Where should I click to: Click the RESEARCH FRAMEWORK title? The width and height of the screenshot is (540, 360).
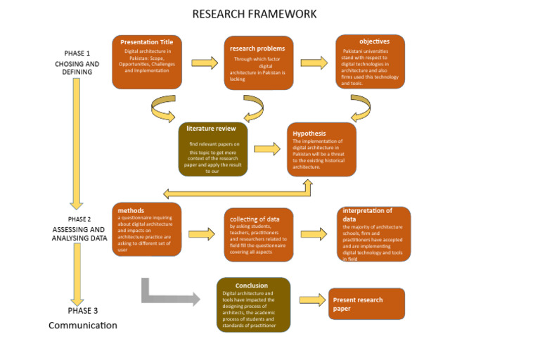254,14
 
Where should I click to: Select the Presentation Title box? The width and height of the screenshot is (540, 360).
147,62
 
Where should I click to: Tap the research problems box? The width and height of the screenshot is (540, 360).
258,63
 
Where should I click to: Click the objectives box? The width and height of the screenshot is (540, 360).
370,62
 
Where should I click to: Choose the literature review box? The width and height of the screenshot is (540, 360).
212,149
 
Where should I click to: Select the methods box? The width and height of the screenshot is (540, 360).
146,229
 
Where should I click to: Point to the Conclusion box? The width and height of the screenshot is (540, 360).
253,304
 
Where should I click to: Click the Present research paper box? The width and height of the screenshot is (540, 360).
366,304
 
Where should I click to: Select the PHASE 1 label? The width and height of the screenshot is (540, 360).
77,53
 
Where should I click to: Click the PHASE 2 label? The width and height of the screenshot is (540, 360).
79,219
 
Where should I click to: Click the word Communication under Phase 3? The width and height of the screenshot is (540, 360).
83,326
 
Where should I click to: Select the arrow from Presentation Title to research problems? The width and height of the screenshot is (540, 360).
205,63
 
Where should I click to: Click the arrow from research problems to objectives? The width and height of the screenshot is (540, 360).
314,63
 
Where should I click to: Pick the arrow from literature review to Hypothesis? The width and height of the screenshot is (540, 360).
267,149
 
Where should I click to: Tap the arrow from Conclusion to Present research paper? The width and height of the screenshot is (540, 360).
312,300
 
